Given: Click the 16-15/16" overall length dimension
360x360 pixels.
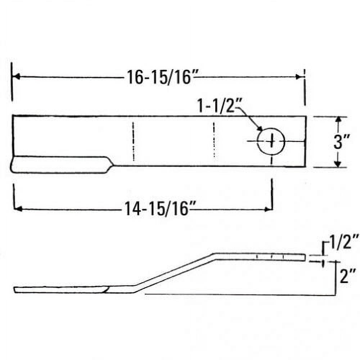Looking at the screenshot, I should point(158,77).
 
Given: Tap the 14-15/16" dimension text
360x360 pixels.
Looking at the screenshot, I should point(157,208).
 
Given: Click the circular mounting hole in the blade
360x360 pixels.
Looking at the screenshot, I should point(271,141).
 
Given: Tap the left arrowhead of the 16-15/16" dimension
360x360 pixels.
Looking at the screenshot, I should point(16,77).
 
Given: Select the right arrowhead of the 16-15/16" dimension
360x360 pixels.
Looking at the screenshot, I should point(299,77).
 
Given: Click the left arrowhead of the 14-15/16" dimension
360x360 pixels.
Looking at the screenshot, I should point(17,208).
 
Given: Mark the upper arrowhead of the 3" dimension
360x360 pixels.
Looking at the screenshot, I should point(338,120).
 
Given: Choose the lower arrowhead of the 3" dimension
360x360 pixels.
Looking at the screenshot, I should point(338,164).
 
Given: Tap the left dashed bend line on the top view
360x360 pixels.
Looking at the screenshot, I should point(133,141).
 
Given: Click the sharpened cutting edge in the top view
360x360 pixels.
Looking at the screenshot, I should point(61,165).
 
